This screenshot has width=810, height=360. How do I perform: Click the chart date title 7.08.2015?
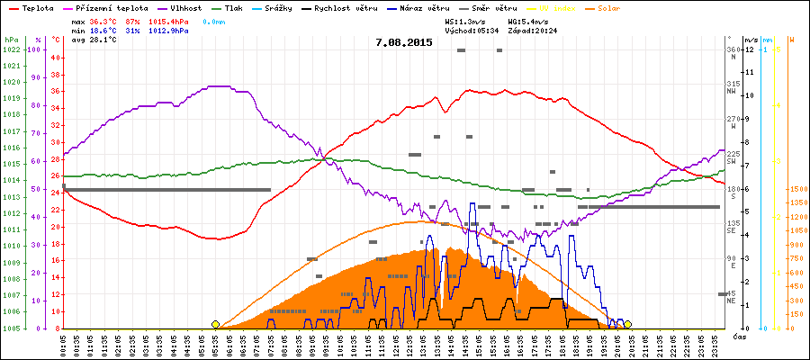(404, 42)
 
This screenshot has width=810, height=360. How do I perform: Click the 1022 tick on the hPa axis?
(12, 49)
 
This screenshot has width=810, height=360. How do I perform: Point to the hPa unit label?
(12, 40)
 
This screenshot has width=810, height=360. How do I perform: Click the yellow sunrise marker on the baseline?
(215, 324)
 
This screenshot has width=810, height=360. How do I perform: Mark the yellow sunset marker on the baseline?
(627, 324)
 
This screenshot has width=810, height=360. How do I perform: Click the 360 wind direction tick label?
(733, 49)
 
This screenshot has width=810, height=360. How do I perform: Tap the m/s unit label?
(751, 40)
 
